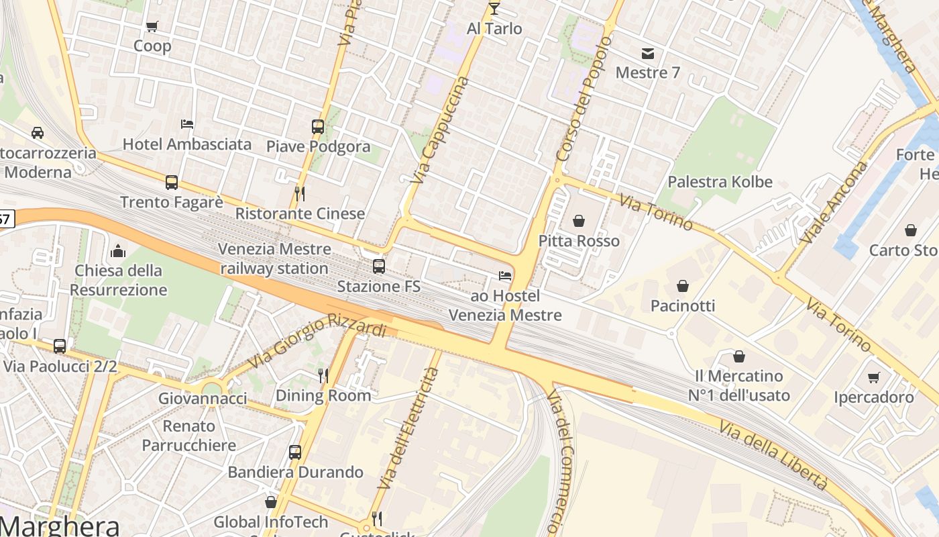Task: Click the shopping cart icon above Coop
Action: (152, 27)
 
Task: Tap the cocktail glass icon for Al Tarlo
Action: (494, 9)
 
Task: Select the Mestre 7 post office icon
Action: (647, 54)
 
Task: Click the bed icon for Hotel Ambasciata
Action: (187, 124)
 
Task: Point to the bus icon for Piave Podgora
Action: (318, 126)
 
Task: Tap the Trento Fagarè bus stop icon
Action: (172, 182)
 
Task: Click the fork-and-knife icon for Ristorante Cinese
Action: (300, 194)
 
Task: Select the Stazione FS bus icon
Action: (379, 266)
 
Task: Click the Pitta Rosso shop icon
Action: (579, 221)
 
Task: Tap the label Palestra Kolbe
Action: (720, 182)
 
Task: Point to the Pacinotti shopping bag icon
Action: (683, 286)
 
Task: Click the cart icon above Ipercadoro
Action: (873, 377)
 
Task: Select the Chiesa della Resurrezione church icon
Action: (119, 251)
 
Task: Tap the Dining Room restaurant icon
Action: (323, 376)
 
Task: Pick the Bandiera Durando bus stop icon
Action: (295, 452)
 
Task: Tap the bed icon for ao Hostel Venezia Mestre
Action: (505, 276)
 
